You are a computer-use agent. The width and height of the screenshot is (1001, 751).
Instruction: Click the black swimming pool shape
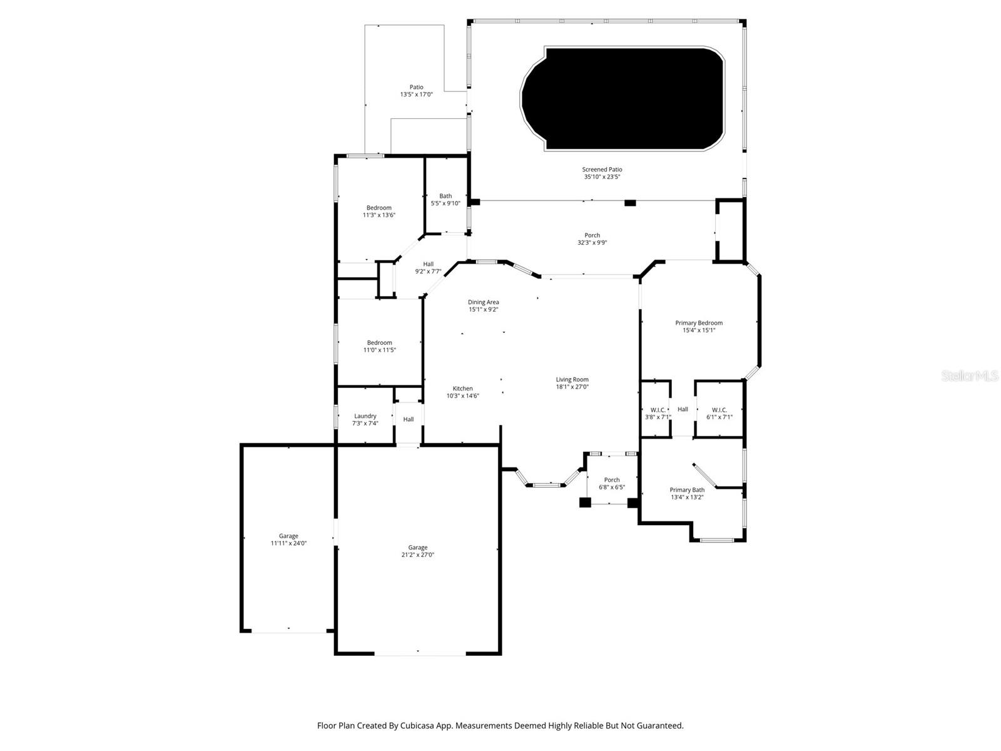point(622,98)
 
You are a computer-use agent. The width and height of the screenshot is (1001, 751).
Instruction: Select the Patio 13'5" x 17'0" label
point(416,91)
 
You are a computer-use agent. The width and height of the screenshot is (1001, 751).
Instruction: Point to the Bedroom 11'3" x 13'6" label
point(379,211)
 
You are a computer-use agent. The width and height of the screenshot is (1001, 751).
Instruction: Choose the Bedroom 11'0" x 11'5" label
point(379,346)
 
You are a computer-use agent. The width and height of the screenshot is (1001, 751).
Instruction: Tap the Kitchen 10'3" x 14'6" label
point(463,392)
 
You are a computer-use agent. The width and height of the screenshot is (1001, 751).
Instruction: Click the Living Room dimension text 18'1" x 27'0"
point(572,387)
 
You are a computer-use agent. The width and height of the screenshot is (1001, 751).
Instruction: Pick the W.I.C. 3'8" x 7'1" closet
point(658,413)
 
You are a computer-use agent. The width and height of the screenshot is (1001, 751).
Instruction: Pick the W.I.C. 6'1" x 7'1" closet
point(719,413)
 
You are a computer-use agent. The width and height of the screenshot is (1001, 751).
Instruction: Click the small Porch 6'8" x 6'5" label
point(612,483)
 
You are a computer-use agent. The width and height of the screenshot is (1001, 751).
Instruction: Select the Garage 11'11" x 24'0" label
point(288,539)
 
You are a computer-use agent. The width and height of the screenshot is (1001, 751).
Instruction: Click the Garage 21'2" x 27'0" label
point(418,551)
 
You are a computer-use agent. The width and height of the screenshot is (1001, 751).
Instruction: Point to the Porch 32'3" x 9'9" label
point(592,238)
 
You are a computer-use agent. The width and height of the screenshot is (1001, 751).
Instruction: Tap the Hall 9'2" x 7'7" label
point(428,267)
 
